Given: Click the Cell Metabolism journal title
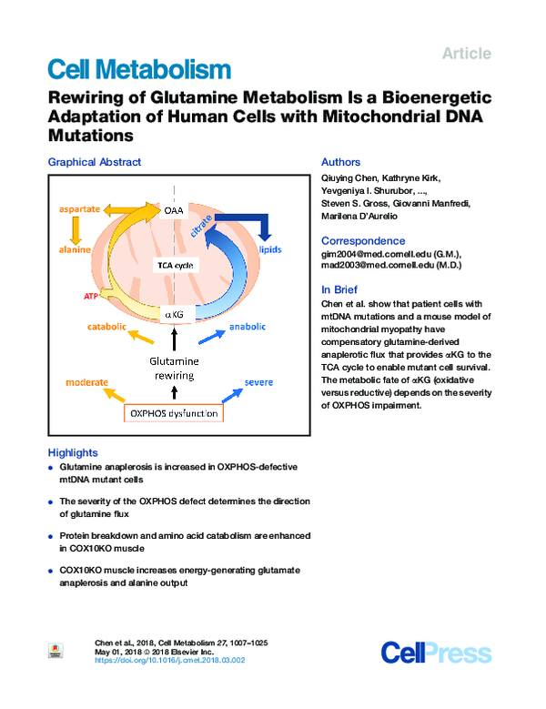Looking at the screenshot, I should point(138,68).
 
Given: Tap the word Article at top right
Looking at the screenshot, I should point(466,54).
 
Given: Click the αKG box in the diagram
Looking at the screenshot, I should point(175,314).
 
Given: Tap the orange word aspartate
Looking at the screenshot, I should point(80,208).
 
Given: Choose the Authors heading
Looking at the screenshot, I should point(341,162).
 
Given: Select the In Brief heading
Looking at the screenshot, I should point(341,289).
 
